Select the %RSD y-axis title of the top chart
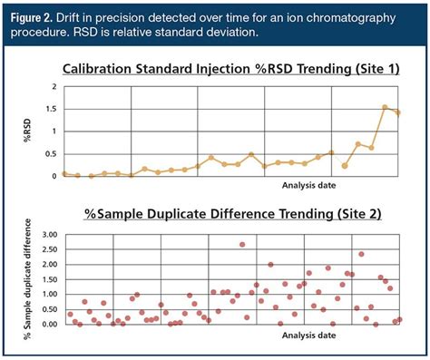tap(25, 131)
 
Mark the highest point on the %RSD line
tap(385, 107)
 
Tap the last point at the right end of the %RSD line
tap(397, 112)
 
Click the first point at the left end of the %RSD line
tap(64, 173)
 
